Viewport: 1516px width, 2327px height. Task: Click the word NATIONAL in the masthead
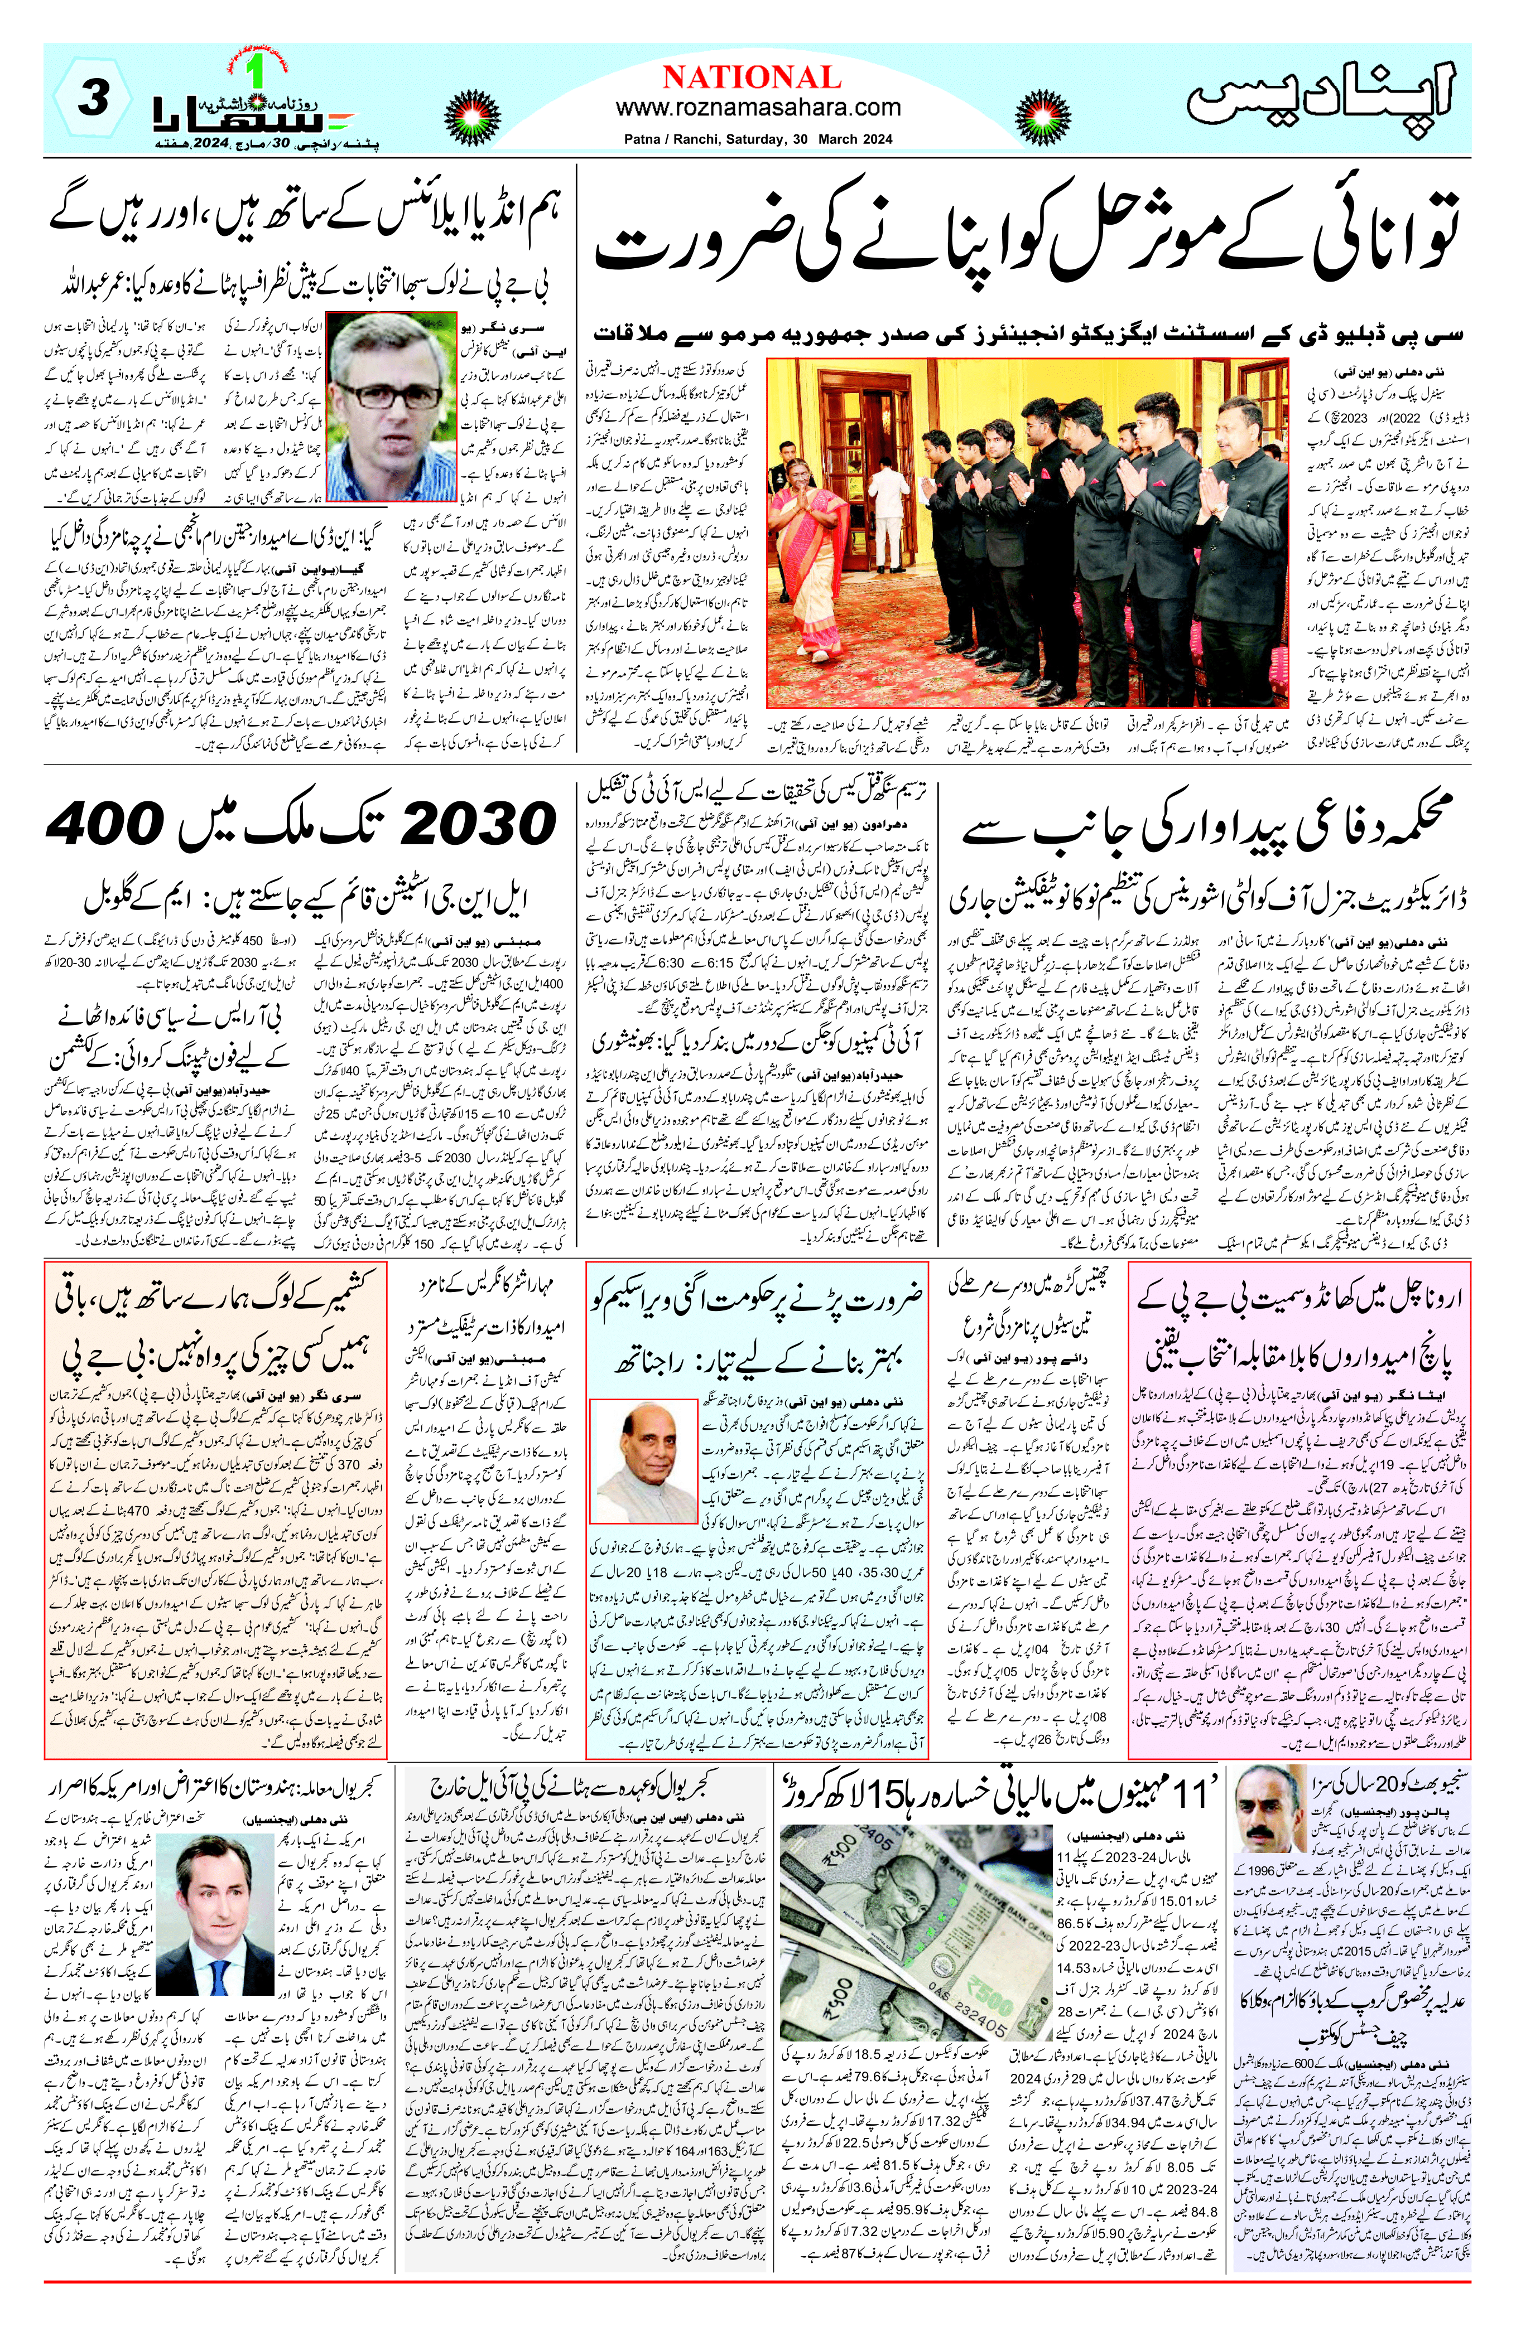[x=752, y=78]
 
